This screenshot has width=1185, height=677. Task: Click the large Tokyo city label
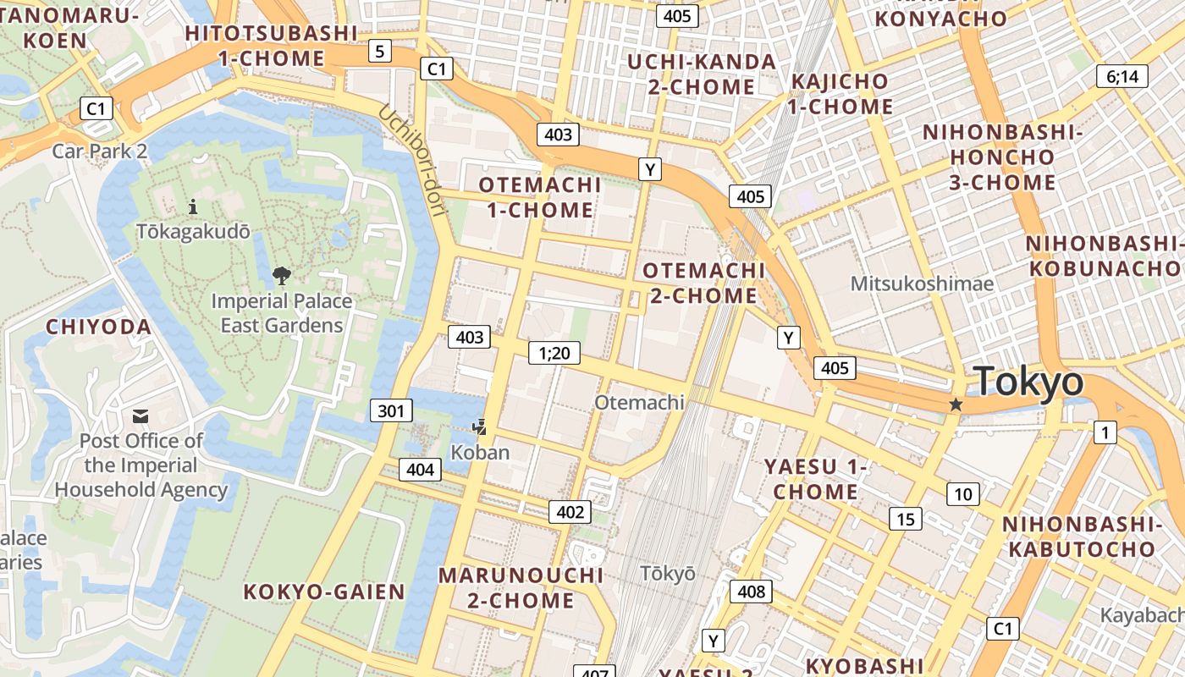(1028, 383)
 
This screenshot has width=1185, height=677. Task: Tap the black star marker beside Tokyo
(956, 405)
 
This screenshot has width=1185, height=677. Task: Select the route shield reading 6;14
(1122, 76)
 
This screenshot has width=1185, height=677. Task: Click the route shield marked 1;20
(554, 353)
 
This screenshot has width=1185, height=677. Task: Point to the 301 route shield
(390, 411)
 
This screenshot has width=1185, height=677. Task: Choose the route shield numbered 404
(420, 470)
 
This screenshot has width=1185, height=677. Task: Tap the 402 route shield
(570, 512)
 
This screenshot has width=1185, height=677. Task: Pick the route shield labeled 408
(751, 592)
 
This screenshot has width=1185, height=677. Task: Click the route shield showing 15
(905, 519)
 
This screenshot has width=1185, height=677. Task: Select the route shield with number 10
(962, 494)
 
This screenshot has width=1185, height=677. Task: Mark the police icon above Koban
(481, 427)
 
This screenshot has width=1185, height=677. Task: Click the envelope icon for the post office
(141, 416)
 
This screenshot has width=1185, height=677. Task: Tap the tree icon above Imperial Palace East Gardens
(281, 275)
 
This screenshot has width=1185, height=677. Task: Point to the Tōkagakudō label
(193, 232)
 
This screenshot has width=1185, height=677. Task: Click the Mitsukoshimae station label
(922, 283)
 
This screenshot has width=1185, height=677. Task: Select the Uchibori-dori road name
(411, 160)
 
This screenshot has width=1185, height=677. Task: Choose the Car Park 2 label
(100, 151)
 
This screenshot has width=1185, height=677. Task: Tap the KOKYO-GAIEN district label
(324, 592)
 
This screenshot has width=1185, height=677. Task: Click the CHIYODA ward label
(98, 327)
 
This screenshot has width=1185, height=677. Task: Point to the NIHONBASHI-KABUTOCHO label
(1078, 537)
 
